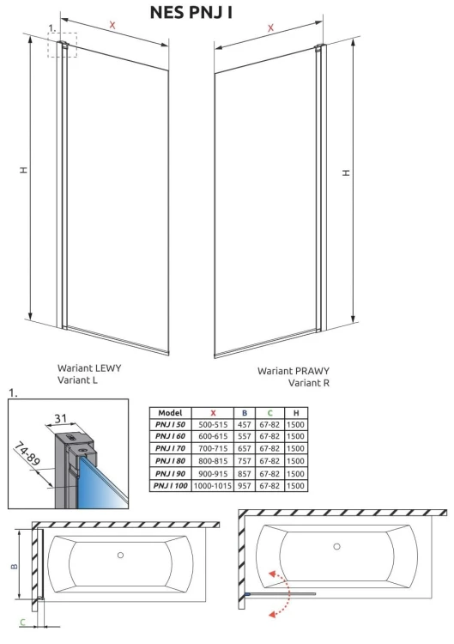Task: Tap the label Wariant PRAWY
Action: coord(294,371)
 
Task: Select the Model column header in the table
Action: coord(171,413)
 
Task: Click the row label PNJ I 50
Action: coord(171,425)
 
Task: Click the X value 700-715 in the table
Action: coord(213,449)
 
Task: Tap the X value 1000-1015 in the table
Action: coord(213,486)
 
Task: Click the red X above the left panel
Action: coord(113,26)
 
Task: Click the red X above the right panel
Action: coord(271,28)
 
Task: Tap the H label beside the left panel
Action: coord(24,170)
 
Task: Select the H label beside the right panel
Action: coord(346,172)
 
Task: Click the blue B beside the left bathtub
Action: coord(12,567)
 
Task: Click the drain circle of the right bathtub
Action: coord(337,546)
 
